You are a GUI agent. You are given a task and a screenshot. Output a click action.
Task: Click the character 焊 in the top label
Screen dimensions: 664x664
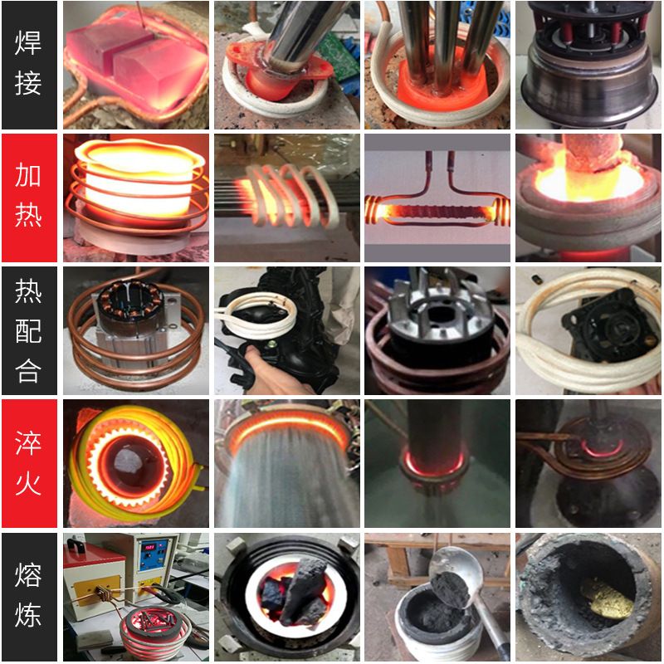click(28, 42)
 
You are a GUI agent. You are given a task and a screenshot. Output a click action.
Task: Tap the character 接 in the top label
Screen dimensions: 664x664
click(28, 82)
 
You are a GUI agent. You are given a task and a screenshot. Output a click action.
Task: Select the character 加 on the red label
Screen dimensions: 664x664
click(28, 175)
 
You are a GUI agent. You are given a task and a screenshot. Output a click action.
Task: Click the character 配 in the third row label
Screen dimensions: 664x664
click(28, 330)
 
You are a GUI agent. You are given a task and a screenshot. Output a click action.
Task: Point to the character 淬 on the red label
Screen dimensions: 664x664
click(28, 442)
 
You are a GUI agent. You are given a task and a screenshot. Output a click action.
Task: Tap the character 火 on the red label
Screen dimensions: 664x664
click(28, 483)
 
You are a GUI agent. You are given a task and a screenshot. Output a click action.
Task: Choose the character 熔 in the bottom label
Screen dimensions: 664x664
click(28, 574)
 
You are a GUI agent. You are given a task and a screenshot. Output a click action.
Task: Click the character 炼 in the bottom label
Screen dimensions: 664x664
click(28, 614)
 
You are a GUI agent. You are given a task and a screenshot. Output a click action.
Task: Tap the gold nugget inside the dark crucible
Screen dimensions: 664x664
click(607, 598)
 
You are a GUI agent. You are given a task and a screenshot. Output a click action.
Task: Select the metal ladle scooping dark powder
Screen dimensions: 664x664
click(457, 584)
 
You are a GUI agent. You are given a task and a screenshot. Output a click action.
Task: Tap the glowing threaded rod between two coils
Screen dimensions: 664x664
click(437, 212)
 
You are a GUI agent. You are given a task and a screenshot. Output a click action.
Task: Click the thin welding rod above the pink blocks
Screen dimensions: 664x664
click(141, 15)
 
